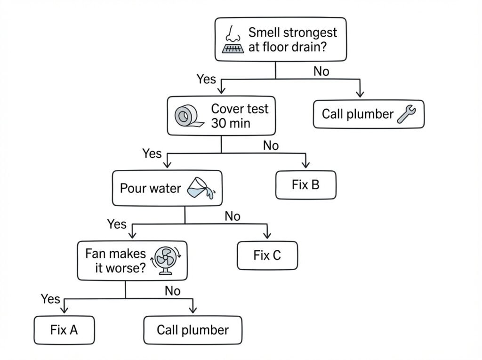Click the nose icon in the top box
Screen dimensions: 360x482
[231, 33]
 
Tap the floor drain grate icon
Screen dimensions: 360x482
[233, 48]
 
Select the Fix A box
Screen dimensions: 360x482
[64, 330]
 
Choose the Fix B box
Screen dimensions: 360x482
[305, 185]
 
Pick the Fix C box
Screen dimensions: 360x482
[267, 256]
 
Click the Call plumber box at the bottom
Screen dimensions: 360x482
[193, 330]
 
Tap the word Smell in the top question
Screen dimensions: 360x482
[265, 32]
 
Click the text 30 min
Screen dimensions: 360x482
[231, 123]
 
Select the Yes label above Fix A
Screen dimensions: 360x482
[50, 298]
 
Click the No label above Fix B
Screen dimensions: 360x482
[271, 145]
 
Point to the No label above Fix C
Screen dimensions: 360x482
[233, 216]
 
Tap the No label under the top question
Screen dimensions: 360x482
[321, 72]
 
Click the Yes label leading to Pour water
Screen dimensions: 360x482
[152, 153]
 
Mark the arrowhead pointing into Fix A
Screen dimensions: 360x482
[64, 310]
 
